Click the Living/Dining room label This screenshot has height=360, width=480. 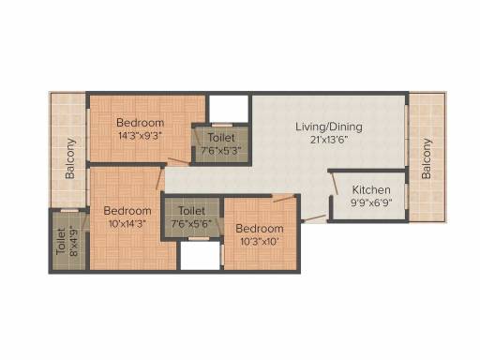coord(329,127)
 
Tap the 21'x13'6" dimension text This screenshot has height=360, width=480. coord(329,140)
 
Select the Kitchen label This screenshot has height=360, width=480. coord(371,189)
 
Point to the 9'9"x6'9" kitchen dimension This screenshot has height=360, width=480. coord(371,202)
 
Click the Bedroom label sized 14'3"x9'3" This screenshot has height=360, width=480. coord(140,123)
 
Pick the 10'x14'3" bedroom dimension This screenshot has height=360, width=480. coord(127,224)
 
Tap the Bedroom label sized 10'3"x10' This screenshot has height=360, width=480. coord(260,229)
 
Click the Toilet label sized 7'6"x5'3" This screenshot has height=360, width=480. coord(221,138)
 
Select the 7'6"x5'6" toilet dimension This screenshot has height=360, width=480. coord(191,224)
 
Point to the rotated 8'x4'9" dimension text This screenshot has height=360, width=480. coord(74,241)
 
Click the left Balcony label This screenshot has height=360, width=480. coord(70,158)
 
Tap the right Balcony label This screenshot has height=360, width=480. coord(427,158)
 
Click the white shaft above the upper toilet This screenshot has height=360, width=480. coord(229,109)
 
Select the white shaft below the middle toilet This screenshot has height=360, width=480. coord(201,255)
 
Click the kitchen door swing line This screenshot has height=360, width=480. coord(335,184)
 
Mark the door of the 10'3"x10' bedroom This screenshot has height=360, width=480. coord(284,199)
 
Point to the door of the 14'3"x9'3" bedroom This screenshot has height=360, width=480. coord(179,161)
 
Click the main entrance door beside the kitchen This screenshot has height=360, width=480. coord(315,218)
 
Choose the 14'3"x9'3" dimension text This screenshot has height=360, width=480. coord(140,136)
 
